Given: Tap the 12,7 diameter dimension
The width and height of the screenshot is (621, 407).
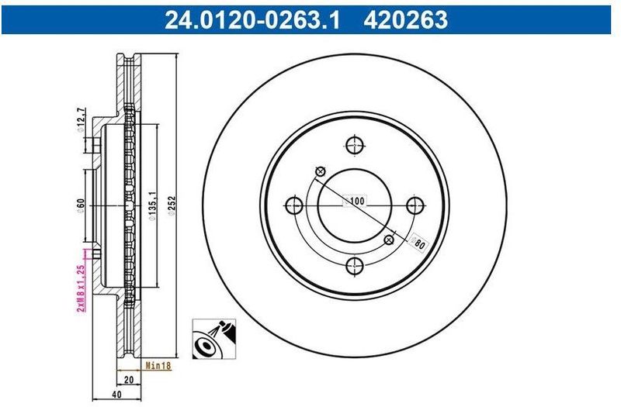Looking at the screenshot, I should [80, 119].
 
